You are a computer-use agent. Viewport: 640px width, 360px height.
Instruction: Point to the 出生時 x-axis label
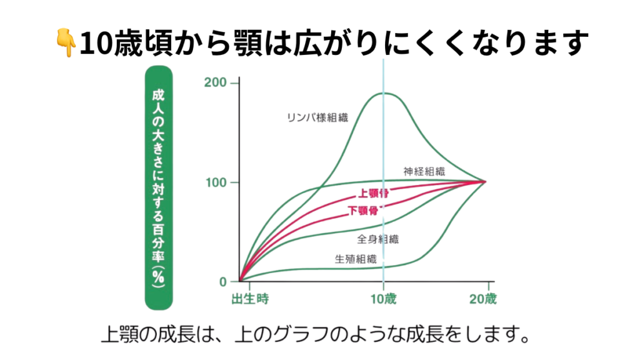250,298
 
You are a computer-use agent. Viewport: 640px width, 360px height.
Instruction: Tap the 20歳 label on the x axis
483,298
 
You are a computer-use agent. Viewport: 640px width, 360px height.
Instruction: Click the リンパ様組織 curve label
317,117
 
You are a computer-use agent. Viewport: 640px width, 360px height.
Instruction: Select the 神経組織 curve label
424,171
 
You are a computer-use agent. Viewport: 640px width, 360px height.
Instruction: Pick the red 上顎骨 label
372,193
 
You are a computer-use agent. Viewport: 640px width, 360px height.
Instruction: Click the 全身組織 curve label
378,238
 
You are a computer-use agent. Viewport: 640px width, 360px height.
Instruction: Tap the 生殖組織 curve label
356,258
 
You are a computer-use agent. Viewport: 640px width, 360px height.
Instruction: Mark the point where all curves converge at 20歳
484,182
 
